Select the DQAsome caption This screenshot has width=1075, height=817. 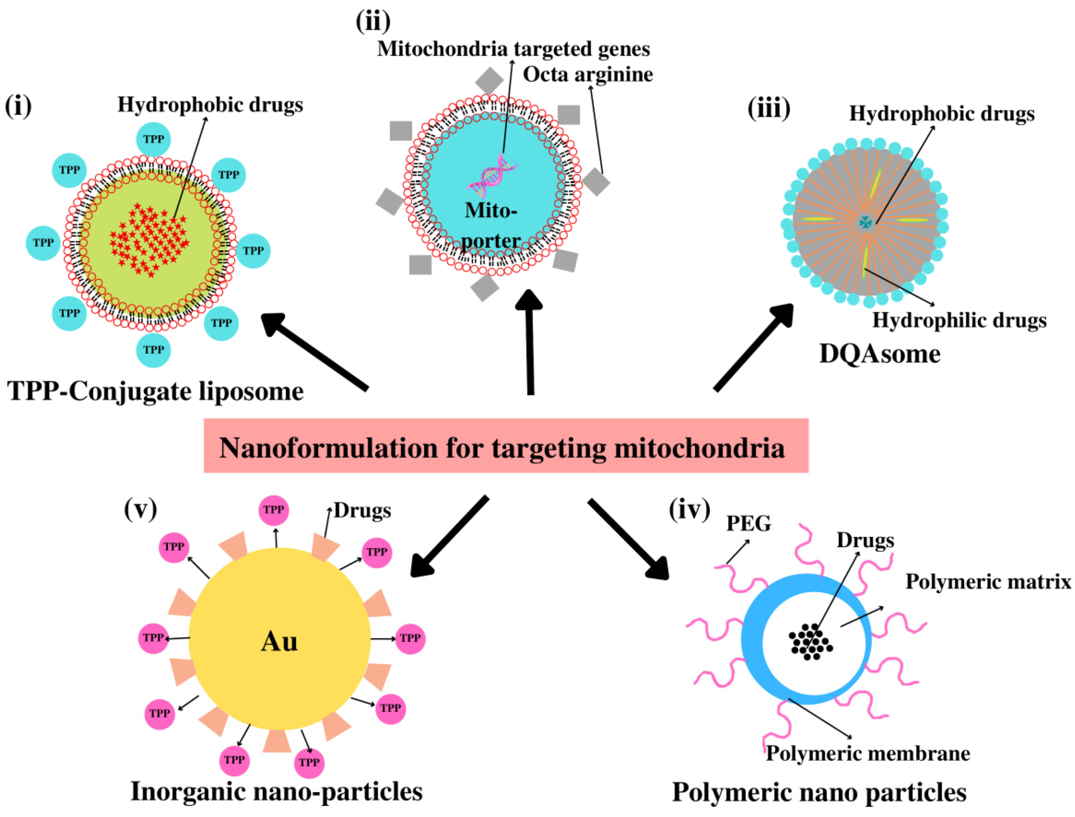click(880, 354)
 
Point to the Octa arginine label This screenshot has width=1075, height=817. click(588, 74)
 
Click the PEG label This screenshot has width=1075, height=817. click(748, 524)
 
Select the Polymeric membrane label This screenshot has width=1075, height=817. click(868, 753)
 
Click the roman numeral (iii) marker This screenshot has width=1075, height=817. click(768, 108)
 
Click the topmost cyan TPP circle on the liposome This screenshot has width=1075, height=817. click(153, 139)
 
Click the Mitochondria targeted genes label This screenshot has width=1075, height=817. click(513, 49)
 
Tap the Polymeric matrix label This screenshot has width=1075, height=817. click(988, 581)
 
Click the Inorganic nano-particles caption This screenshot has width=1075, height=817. click(276, 791)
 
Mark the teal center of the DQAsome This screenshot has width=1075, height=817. click(865, 222)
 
